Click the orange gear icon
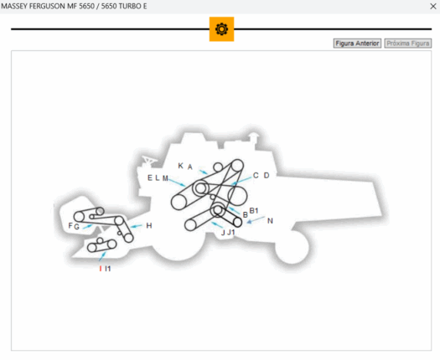[222, 29]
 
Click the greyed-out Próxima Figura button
[407, 44]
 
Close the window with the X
[433, 6]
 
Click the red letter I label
[101, 269]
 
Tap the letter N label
[270, 221]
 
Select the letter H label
[149, 226]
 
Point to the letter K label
[181, 166]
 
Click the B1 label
[254, 211]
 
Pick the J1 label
[231, 232]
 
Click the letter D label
[267, 176]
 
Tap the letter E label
[150, 177]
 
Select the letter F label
[70, 225]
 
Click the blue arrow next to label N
[256, 220]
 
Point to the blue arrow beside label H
[137, 226]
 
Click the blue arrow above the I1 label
[103, 256]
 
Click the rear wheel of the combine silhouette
[292, 247]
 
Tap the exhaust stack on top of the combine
[253, 140]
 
